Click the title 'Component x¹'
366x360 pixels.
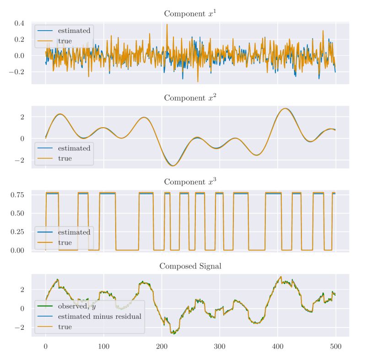pyautogui.click(x=190, y=13)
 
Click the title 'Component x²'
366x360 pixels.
pyautogui.click(x=190, y=97)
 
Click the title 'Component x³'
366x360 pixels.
pyautogui.click(x=190, y=182)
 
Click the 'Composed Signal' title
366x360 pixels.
pyautogui.click(x=190, y=266)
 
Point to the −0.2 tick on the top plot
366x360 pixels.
pyautogui.click(x=17, y=72)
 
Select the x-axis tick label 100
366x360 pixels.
pyautogui.click(x=103, y=347)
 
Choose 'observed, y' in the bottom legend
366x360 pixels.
pyautogui.click(x=77, y=306)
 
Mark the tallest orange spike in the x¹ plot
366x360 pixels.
pyautogui.click(x=167, y=25)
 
